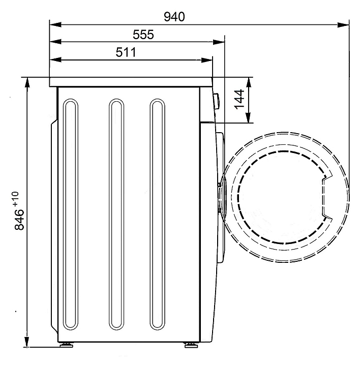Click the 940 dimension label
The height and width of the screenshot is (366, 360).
tap(174, 17)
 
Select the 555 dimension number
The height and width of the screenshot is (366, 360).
tap(143, 35)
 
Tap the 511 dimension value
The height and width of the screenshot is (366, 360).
tap(126, 52)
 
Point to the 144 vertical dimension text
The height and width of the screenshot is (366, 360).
tap(239, 99)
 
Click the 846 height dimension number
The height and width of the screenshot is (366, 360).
tap(19, 220)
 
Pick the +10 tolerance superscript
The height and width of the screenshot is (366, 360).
tap(16, 199)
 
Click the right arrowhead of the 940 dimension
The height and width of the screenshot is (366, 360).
tap(343, 24)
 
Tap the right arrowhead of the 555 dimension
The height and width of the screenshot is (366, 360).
tap(219, 42)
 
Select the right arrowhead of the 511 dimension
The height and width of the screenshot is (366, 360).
tap(207, 60)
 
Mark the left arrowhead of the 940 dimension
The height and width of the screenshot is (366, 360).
tap(55, 24)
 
